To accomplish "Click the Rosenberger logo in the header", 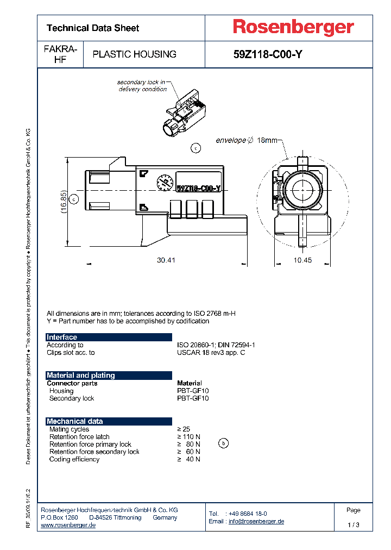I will tap(293, 27).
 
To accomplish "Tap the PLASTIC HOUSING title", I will tap(134, 54).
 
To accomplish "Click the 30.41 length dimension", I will tap(166, 260).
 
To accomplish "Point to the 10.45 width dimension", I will tap(303, 260).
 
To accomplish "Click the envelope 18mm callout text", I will tap(246, 140).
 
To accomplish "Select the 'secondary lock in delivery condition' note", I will tap(142, 86).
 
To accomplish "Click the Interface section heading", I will tap(62, 337).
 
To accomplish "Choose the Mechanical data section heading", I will tap(74, 421).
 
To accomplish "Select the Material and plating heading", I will tap(80, 376).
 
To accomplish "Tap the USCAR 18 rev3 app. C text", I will tap(211, 353).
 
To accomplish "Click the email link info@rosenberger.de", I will tap(256, 521).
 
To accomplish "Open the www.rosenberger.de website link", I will tap(68, 525).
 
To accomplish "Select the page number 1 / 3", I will tap(353, 525).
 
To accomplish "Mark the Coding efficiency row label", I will tap(74, 459).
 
